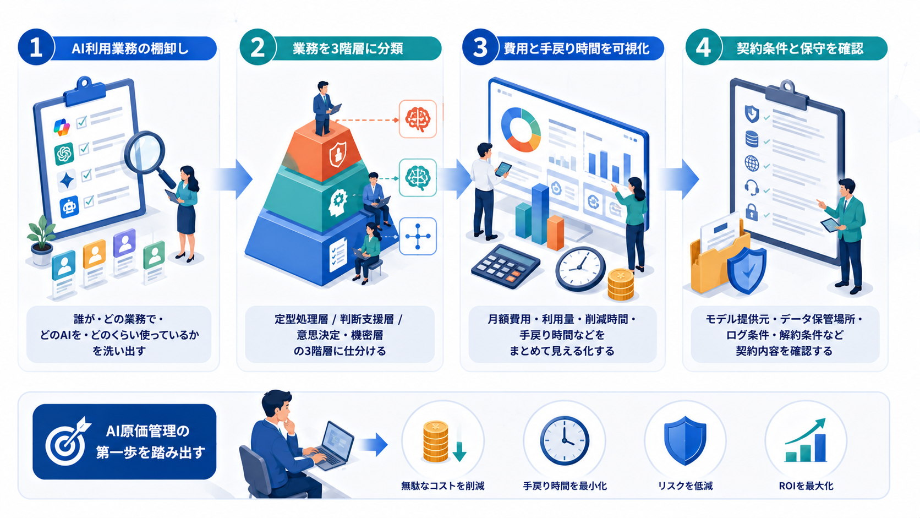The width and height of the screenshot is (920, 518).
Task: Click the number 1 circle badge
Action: click(36, 47)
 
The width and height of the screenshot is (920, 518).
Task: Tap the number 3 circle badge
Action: click(480, 47)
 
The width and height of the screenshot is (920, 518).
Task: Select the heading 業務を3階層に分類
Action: click(347, 49)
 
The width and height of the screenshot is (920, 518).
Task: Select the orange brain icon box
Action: click(418, 119)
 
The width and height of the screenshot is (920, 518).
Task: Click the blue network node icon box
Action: click(418, 236)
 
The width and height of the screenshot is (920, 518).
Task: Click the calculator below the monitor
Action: click(506, 266)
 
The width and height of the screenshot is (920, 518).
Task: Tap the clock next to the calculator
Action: click(581, 269)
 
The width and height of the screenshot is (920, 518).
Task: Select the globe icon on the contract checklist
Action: click(752, 163)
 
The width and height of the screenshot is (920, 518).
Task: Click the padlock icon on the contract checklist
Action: click(752, 212)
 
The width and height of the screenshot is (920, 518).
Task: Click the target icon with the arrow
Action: click(67, 441)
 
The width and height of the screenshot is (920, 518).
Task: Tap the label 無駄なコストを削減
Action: click(443, 486)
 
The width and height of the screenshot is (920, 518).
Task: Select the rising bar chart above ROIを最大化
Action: click(806, 440)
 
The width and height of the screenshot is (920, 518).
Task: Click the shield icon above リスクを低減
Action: click(685, 440)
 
